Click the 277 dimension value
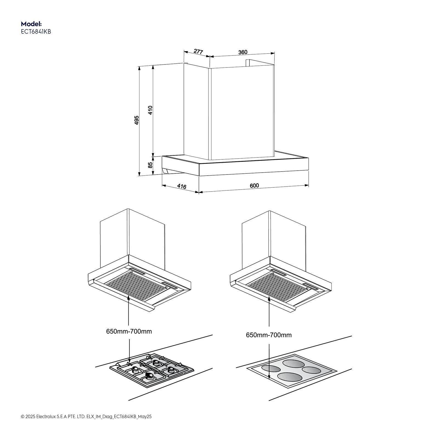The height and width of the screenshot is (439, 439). pos(198,51)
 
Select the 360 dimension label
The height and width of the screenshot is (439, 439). pos(243,52)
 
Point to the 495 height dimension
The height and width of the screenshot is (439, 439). pos(137,120)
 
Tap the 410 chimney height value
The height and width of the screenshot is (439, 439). pos(150,110)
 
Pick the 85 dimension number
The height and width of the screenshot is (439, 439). pos(150,165)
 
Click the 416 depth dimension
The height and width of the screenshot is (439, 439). pos(182,187)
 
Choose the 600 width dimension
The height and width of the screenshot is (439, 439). pos(254,186)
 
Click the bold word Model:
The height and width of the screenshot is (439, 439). pos(31,24)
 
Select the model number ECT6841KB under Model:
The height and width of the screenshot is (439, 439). pos(36,32)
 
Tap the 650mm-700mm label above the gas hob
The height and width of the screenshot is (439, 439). pos(129,331)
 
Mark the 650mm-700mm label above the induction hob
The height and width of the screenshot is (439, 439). pos(269,335)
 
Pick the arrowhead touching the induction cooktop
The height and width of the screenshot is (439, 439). pos(269,377)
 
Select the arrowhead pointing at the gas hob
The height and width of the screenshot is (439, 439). pos(129,360)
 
